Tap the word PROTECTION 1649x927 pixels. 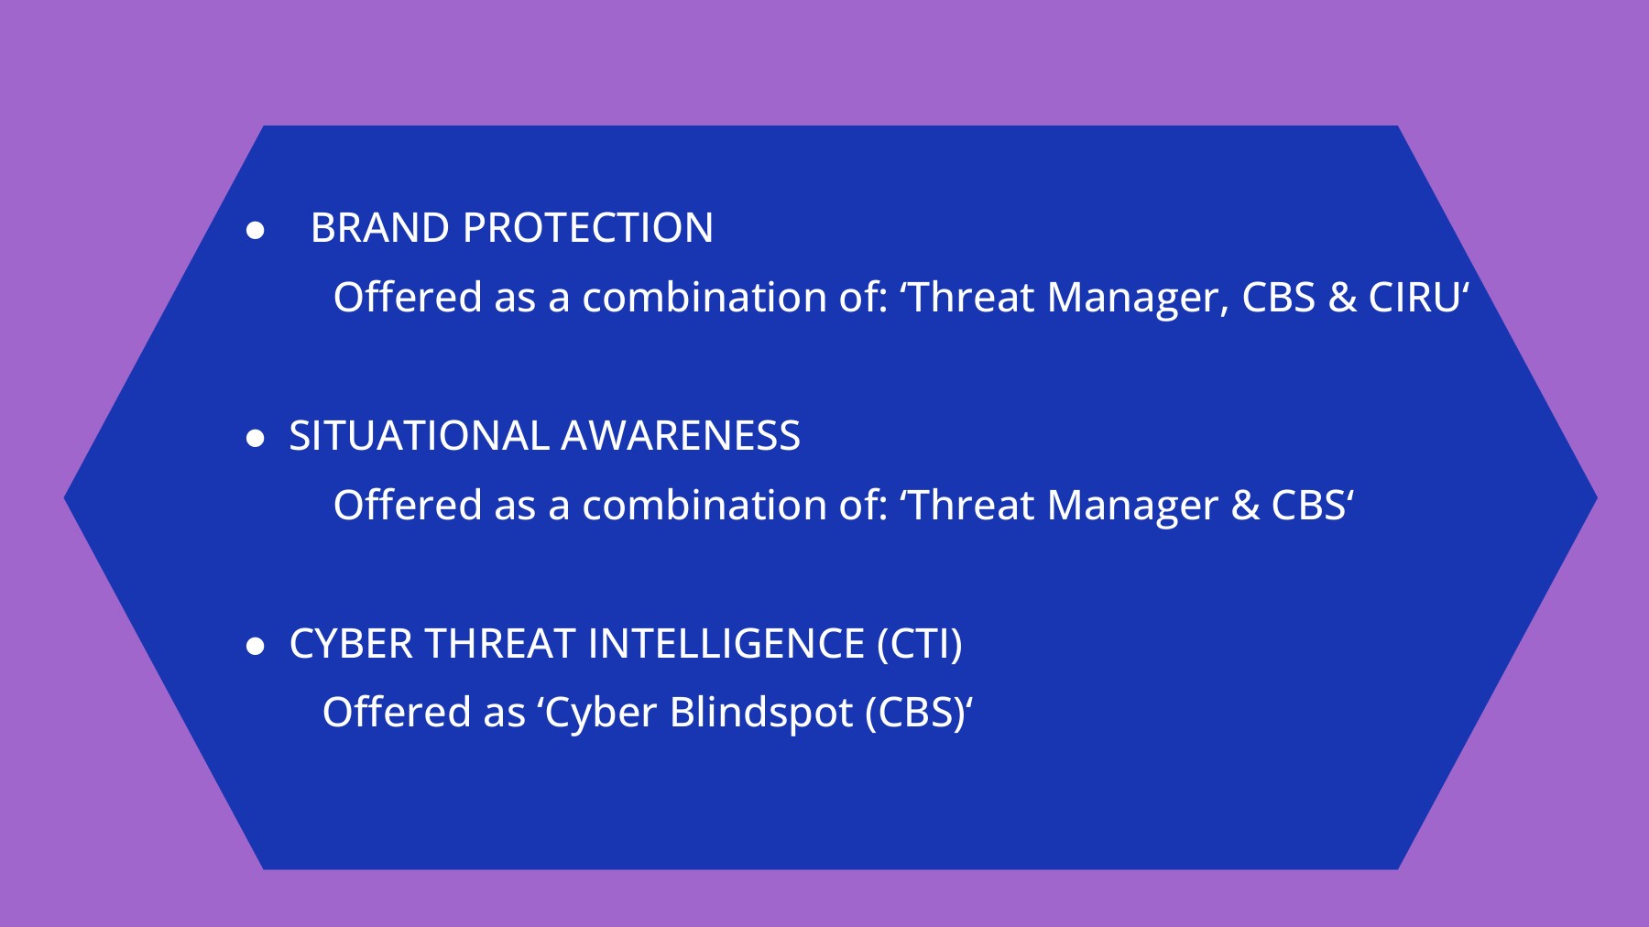587,228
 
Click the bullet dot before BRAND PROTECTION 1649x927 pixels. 256,231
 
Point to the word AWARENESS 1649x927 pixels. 681,436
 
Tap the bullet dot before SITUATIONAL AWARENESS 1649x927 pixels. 256,439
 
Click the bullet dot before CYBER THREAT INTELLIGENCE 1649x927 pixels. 256,647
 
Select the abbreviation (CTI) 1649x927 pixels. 919,644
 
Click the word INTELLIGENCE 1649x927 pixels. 726,644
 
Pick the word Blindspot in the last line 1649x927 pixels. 761,713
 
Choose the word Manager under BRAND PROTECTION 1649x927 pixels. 1137,298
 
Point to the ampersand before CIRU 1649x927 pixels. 1341,298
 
